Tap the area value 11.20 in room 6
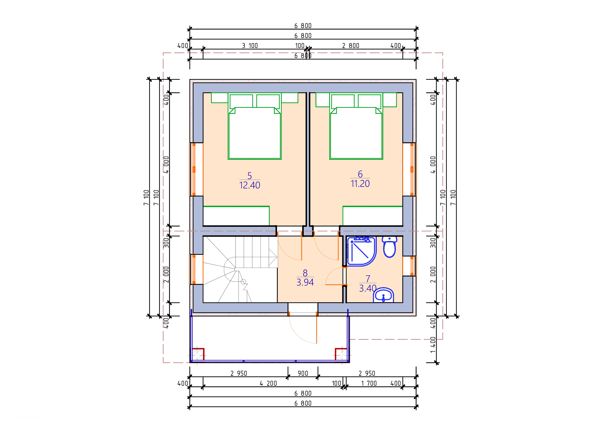click(360, 184)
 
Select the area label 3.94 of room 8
click(305, 282)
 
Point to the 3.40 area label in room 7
click(368, 288)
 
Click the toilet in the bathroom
click(389, 247)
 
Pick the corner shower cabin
click(361, 251)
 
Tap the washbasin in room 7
click(383, 295)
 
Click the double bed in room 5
click(254, 126)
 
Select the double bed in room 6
click(356, 126)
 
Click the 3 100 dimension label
click(250, 46)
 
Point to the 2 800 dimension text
click(351, 46)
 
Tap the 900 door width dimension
click(303, 373)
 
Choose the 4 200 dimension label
click(268, 384)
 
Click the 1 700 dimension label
click(369, 384)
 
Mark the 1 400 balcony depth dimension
click(433, 345)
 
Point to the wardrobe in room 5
click(236, 216)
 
